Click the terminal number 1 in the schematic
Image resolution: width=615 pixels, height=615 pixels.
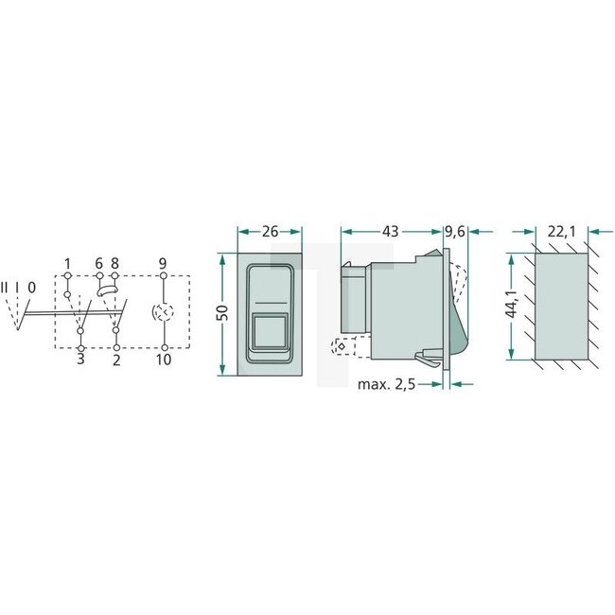point(68,263)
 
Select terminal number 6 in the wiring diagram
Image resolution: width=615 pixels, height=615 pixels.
point(99,263)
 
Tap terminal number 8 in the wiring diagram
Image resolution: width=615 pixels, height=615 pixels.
point(114,263)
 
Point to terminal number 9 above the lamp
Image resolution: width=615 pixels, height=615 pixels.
point(163,263)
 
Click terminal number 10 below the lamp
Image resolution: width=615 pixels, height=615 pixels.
point(163,361)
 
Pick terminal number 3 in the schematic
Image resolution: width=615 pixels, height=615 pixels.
point(80,361)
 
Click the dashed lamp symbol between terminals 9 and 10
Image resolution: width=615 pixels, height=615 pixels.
point(163,312)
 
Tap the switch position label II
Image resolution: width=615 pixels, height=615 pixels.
point(6,287)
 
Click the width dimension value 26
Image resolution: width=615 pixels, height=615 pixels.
point(269,231)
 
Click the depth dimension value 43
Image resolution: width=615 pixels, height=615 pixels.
point(391,231)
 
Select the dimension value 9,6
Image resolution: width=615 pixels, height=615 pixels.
point(455,231)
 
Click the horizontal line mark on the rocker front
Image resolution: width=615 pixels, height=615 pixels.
point(269,303)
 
